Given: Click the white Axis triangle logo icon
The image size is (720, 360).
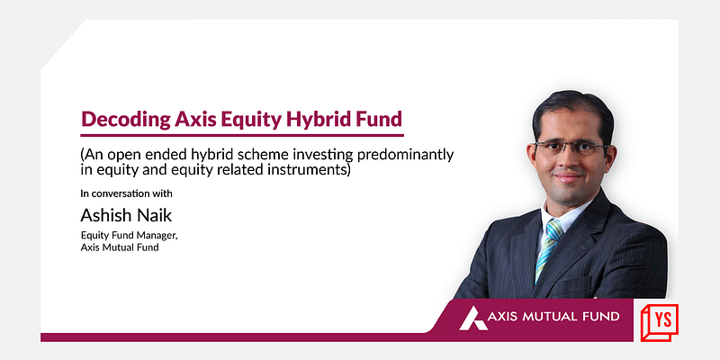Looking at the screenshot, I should (x=473, y=318).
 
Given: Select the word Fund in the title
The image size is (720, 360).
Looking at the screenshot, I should (x=378, y=119).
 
